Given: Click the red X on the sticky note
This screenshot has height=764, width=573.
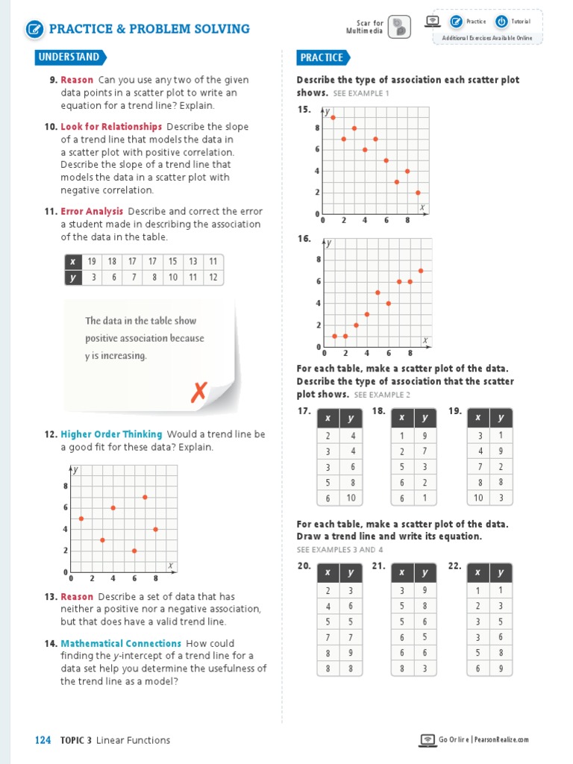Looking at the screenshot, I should (198, 391).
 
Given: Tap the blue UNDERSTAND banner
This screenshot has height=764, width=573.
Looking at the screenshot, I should (69, 57).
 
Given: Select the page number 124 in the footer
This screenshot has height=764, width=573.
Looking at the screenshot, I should (43, 740).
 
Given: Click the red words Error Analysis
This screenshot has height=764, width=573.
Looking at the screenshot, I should (92, 212).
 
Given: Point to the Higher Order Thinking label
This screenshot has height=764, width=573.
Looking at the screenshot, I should (111, 434).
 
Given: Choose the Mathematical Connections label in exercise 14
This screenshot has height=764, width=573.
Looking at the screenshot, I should (121, 643).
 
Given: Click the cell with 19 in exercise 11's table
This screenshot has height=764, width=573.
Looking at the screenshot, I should (92, 261).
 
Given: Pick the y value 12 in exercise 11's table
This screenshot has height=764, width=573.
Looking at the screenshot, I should (213, 278).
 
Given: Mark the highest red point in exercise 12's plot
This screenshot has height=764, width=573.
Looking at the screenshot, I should (145, 497).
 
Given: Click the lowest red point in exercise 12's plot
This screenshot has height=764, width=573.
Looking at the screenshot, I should (134, 551).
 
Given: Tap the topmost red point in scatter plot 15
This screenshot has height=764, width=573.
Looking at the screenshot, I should (333, 117).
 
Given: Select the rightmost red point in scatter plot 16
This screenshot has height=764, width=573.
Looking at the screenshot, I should (421, 270).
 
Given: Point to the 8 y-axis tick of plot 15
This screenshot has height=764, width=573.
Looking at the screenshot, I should (317, 128).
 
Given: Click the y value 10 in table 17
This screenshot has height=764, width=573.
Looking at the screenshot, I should (351, 498).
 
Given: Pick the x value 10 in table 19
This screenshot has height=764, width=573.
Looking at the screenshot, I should (478, 498).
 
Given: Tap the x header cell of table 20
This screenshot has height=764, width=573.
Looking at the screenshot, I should (328, 573).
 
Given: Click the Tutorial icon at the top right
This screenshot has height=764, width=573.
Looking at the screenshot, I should (501, 22).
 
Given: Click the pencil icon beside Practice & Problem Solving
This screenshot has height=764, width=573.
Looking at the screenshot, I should (34, 29).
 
